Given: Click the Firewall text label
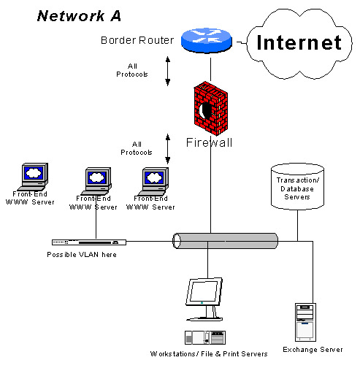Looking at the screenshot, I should tap(209, 142).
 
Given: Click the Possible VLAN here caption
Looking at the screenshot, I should tap(81, 254).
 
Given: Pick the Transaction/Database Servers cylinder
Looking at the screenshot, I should tap(297, 186).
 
